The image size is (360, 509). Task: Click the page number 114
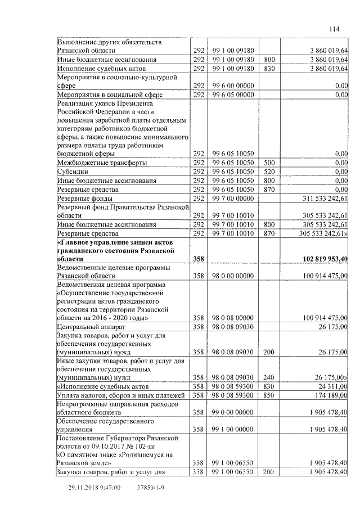tap(335, 29)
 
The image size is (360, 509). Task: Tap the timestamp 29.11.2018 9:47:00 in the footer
tap(94, 489)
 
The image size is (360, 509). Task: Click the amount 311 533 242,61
tap(322, 199)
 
